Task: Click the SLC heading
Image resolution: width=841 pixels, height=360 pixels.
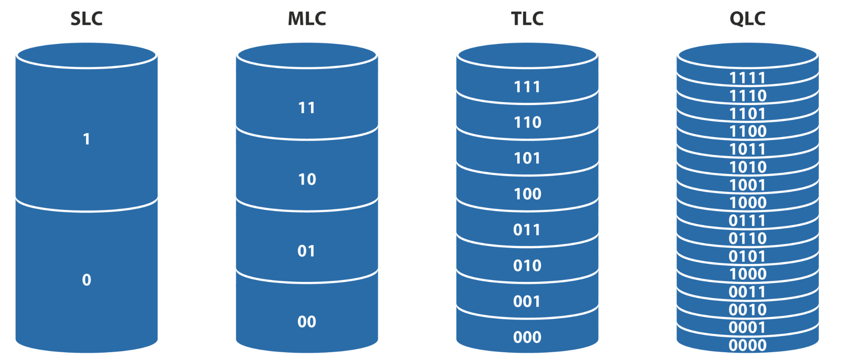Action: click(86, 19)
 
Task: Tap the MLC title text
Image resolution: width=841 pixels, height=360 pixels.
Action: click(307, 19)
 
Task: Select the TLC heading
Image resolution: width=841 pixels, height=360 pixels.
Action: click(527, 19)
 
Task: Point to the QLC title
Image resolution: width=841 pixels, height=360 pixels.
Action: click(747, 19)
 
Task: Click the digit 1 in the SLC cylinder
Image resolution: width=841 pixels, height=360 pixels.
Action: click(86, 139)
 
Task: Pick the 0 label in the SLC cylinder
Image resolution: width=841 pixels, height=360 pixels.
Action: click(86, 280)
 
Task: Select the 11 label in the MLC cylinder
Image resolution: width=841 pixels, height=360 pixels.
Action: click(306, 108)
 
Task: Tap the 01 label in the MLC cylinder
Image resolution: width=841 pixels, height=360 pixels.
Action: click(306, 251)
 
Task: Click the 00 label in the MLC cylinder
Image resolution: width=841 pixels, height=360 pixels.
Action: click(306, 322)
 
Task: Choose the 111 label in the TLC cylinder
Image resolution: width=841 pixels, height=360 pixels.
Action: click(527, 87)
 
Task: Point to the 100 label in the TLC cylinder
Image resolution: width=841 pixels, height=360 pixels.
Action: click(527, 194)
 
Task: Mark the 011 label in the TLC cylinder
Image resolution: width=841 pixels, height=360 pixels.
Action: click(527, 229)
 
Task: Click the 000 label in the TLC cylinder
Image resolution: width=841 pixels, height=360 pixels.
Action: click(527, 337)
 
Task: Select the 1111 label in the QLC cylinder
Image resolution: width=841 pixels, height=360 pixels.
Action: click(747, 78)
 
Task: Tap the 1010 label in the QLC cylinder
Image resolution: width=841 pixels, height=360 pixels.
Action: click(748, 167)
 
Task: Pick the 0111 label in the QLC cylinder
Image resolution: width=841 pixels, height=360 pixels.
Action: click(747, 221)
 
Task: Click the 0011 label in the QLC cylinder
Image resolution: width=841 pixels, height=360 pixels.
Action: click(747, 292)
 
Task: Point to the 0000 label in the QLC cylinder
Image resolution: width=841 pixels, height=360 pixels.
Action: click(747, 345)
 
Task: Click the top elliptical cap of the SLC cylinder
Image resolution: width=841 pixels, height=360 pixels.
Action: click(86, 56)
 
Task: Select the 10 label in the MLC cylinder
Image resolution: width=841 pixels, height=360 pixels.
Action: click(307, 179)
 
